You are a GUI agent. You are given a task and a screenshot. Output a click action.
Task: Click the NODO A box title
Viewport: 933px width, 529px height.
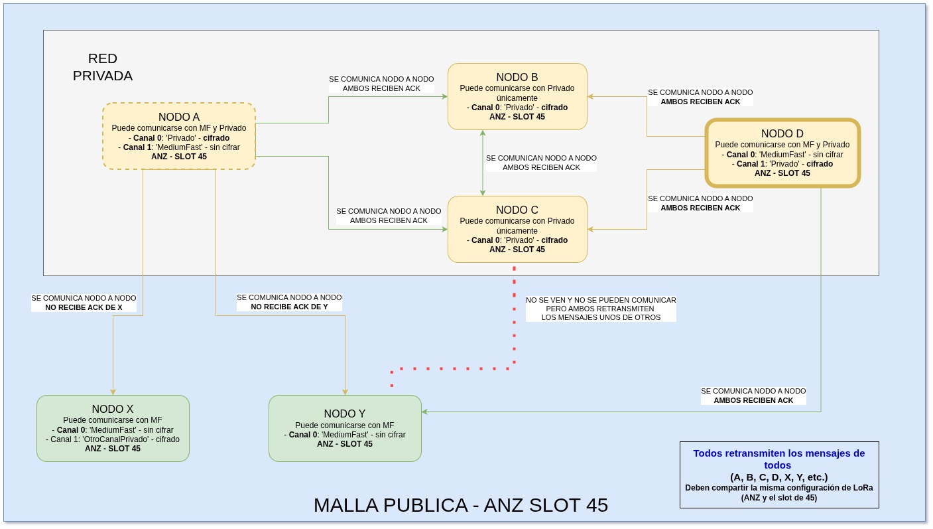point(178,117)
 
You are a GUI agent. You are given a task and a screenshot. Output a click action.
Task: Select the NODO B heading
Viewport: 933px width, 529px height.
point(517,77)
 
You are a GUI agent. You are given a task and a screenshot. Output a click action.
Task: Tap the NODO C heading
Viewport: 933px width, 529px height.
point(517,210)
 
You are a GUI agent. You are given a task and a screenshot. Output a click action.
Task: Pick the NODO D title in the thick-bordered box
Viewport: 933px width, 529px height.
point(782,133)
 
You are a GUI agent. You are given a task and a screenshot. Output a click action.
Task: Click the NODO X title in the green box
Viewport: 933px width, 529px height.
point(113,409)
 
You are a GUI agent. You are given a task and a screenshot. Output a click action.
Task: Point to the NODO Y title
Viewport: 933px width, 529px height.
point(344,414)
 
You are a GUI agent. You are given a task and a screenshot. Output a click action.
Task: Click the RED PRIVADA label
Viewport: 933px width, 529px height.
point(103,67)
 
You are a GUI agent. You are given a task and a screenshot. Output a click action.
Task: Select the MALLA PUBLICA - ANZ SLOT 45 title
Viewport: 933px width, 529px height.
point(461,505)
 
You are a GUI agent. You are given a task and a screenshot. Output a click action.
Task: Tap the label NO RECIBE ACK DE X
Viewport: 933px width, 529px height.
point(84,308)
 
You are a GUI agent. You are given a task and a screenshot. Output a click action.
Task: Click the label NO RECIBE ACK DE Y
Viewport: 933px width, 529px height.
point(289,307)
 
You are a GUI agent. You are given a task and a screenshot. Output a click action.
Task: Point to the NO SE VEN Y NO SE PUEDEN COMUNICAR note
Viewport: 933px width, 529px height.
point(601,309)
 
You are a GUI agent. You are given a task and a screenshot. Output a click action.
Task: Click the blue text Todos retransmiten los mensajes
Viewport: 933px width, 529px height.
point(779,459)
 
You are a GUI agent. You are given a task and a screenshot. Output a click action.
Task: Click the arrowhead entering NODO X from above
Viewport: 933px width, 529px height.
point(113,392)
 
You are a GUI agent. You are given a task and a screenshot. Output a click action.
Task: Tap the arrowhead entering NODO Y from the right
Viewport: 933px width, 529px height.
point(424,412)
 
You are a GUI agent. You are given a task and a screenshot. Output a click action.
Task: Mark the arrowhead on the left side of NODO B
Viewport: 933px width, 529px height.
point(445,97)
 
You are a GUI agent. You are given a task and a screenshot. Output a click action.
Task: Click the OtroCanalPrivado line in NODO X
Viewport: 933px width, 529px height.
point(113,439)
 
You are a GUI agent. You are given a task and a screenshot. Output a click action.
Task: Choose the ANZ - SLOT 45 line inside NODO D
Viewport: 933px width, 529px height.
point(782,173)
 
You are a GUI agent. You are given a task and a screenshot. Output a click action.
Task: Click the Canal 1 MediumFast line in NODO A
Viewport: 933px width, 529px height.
point(178,147)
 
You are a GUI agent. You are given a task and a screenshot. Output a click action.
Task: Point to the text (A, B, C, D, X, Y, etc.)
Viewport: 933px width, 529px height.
point(779,477)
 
